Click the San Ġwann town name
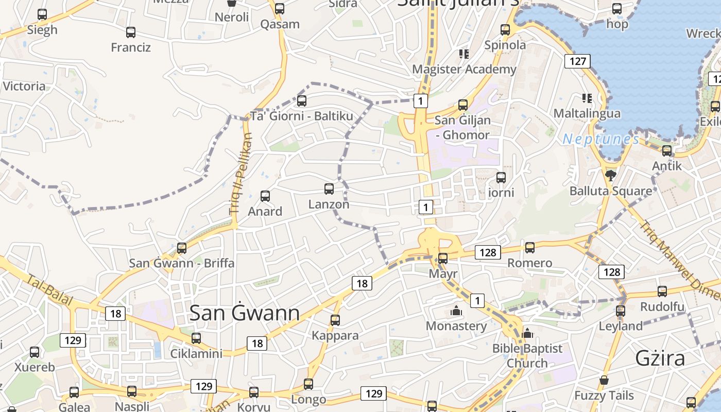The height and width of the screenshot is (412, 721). [245, 313]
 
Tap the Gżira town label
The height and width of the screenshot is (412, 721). [660, 357]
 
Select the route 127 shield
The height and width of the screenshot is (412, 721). [577, 61]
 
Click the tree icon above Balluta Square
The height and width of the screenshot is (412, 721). [611, 175]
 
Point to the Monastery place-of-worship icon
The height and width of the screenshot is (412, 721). [456, 311]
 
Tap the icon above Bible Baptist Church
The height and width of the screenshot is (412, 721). [527, 333]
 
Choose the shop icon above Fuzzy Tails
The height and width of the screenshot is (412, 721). [604, 380]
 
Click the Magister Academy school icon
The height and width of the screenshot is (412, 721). [464, 54]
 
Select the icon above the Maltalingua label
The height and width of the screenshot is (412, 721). [587, 98]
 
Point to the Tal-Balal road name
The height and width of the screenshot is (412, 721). [50, 290]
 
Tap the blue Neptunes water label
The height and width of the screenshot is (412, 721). [600, 139]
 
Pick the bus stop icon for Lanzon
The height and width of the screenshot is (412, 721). [329, 189]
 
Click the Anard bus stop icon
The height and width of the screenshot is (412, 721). [265, 196]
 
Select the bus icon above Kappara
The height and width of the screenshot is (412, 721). [335, 320]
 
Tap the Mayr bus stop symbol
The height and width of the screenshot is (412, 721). [443, 259]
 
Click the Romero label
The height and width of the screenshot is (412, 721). [529, 263]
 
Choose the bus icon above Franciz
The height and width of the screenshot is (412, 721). [131, 32]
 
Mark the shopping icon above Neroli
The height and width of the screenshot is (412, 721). [232, 3]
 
